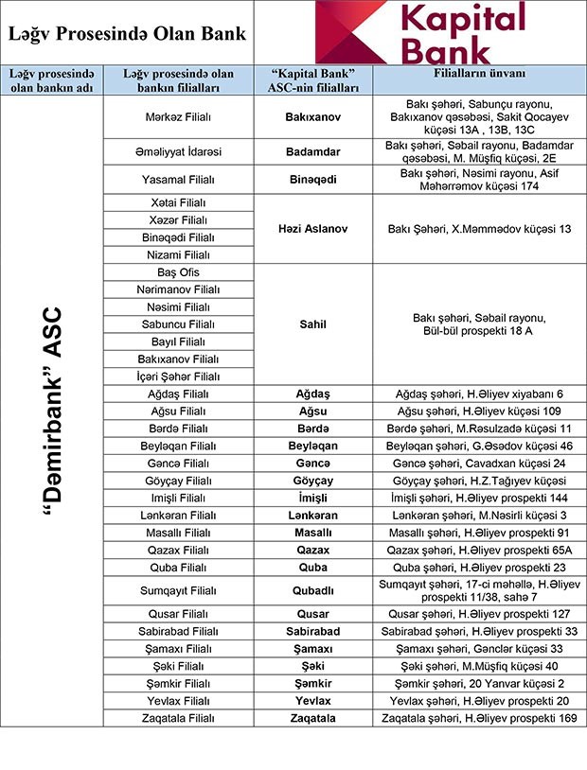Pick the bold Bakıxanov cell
pyautogui.click(x=312, y=118)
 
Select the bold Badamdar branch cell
pyautogui.click(x=312, y=151)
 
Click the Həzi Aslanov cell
pyautogui.click(x=312, y=229)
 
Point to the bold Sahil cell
pyautogui.click(x=312, y=324)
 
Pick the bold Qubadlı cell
pyautogui.click(x=312, y=591)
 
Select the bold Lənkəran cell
pyautogui.click(x=312, y=515)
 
